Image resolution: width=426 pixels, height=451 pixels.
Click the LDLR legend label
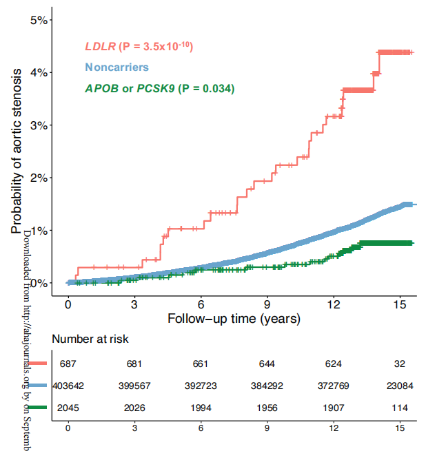tap(138, 47)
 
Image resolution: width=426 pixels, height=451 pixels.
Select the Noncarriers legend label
tap(116, 67)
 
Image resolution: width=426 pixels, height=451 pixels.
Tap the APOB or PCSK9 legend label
tap(159, 88)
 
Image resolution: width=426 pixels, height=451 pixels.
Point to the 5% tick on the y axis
tap(39, 20)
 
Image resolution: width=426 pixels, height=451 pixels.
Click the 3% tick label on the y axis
tap(39, 125)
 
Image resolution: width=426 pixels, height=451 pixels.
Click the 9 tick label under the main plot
tap(267, 304)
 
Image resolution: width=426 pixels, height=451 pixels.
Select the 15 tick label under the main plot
tap(400, 304)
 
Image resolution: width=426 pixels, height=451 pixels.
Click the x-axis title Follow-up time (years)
tap(234, 319)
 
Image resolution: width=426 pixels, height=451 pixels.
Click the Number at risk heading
tap(90, 339)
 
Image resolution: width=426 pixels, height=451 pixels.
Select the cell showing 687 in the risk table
tap(68, 364)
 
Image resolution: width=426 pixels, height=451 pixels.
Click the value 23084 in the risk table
tap(399, 386)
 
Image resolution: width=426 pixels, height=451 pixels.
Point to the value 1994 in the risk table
tap(201, 408)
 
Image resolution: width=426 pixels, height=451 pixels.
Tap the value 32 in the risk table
tap(400, 364)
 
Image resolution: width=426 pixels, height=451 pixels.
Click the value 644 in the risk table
tap(267, 364)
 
